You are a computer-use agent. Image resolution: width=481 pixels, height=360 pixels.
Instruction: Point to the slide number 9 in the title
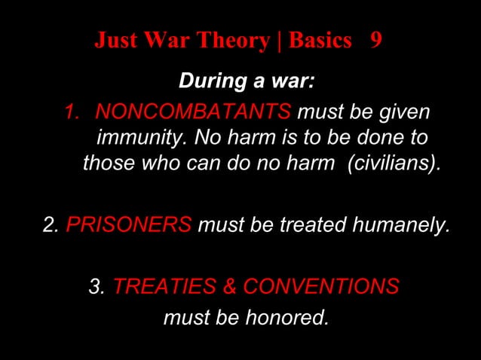coord(375,41)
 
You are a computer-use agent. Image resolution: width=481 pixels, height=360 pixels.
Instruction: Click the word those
coord(107,163)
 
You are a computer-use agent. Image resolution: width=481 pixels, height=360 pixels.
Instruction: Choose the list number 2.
coord(51,224)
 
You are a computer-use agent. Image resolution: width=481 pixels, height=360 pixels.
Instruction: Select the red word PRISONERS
coord(129,224)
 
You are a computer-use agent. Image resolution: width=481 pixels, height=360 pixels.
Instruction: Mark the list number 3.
coord(97,286)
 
